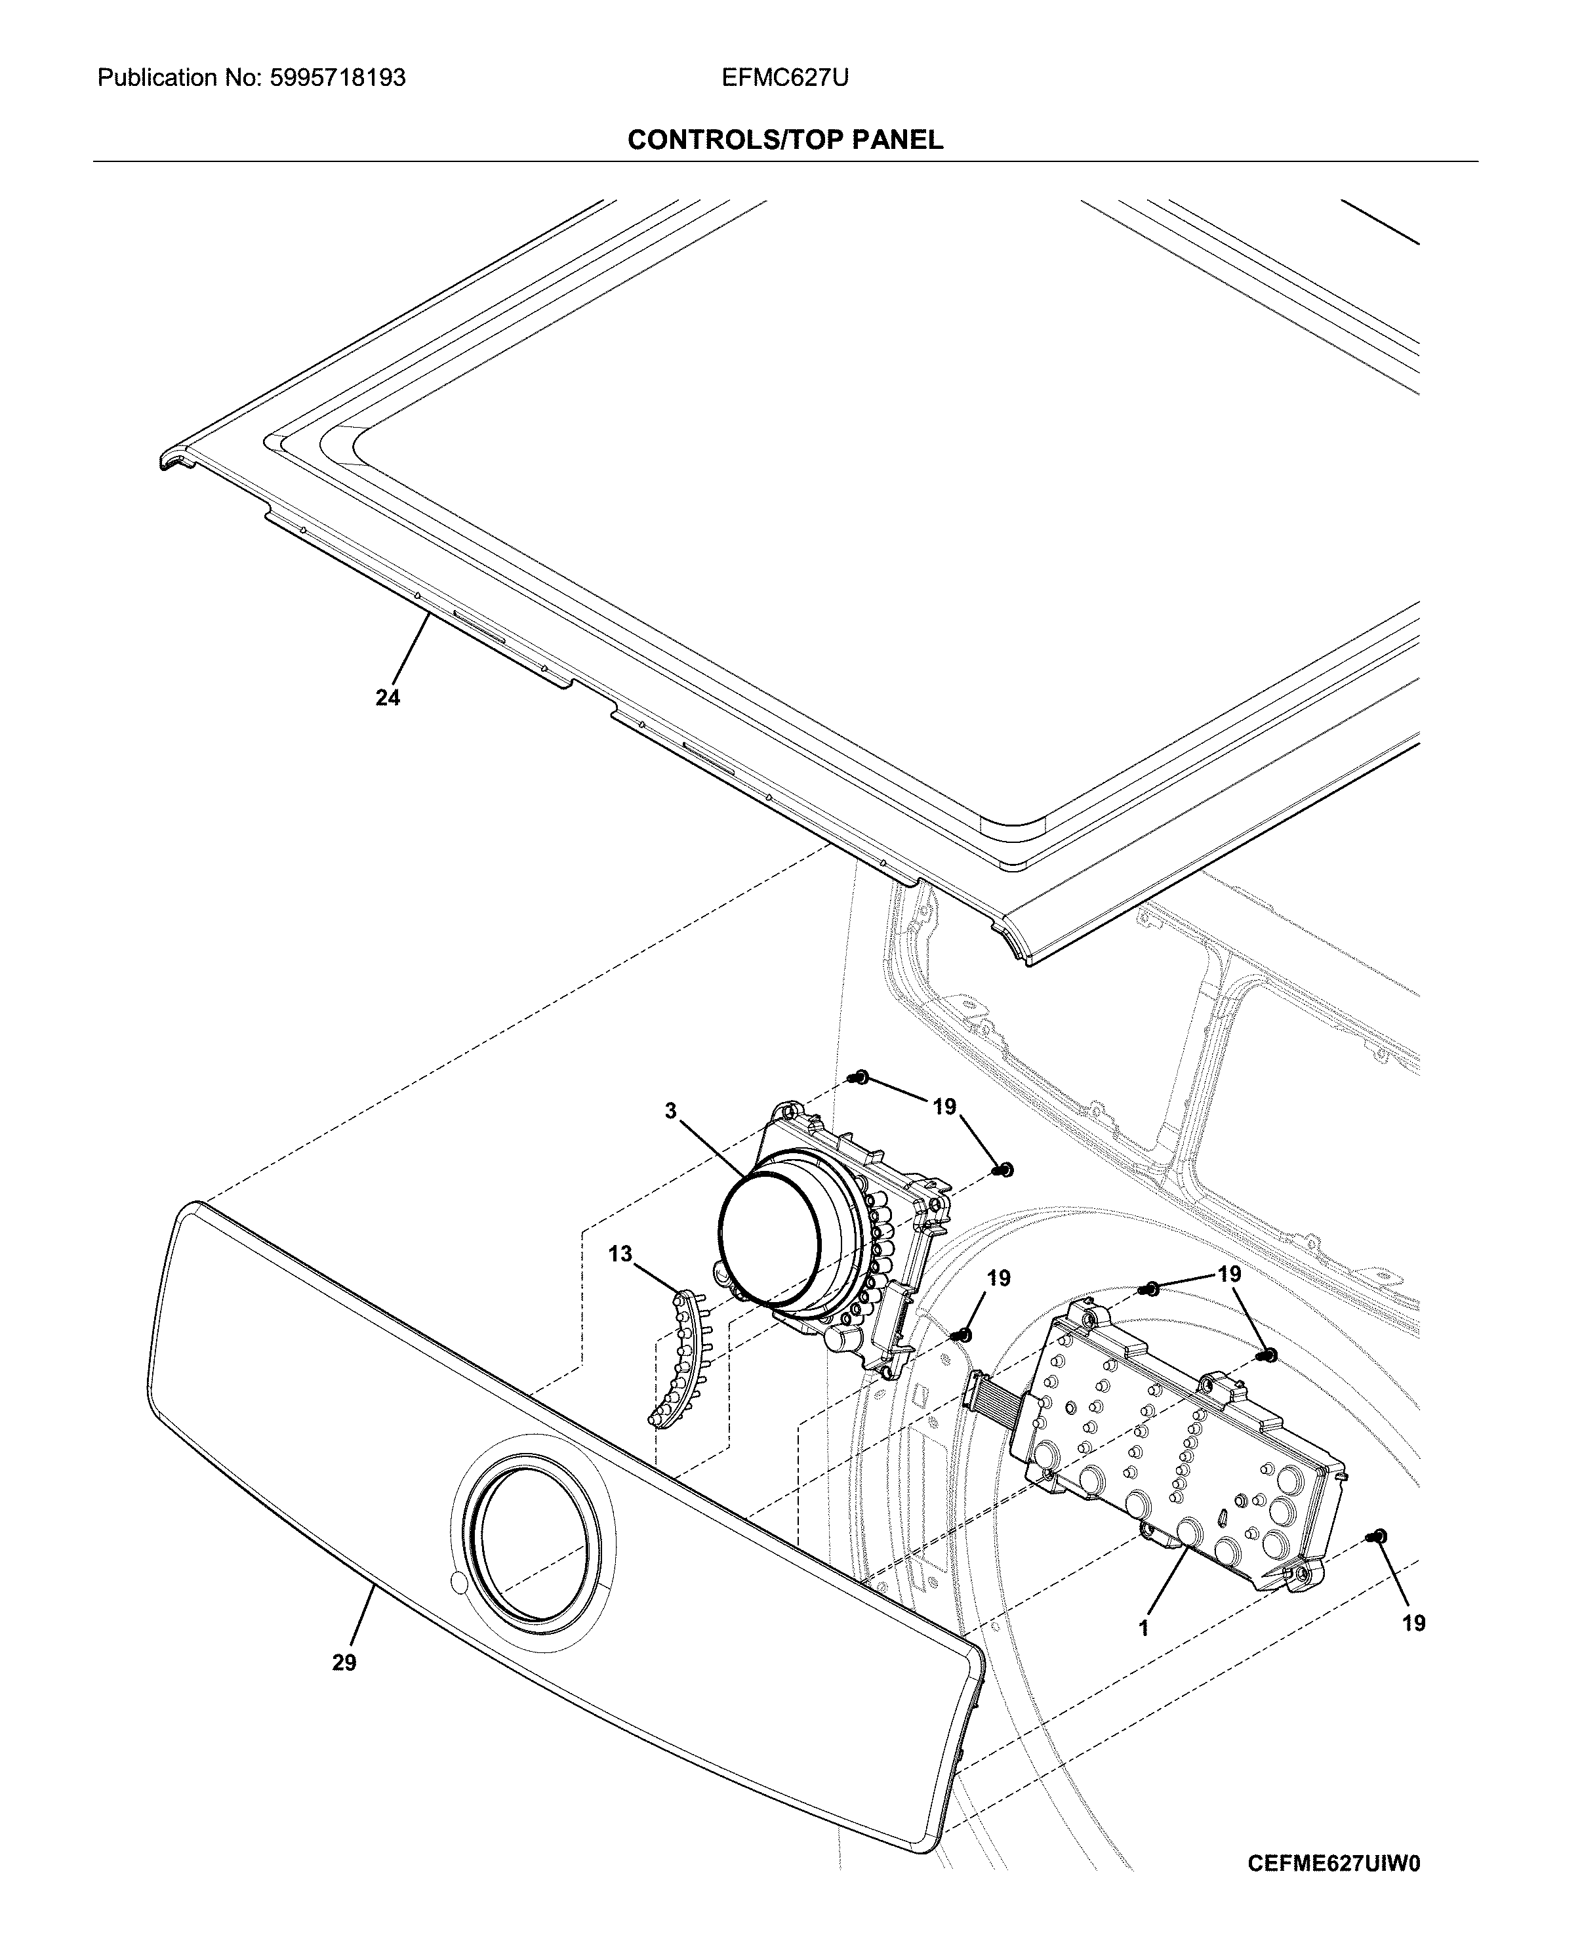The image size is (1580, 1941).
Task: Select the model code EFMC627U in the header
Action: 784,78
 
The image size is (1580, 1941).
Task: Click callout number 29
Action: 344,1662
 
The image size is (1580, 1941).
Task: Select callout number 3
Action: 671,1111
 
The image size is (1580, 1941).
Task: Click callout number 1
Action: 1144,1627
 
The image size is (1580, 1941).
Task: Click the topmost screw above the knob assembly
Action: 859,1079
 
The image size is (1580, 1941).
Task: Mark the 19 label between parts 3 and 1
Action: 998,1278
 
